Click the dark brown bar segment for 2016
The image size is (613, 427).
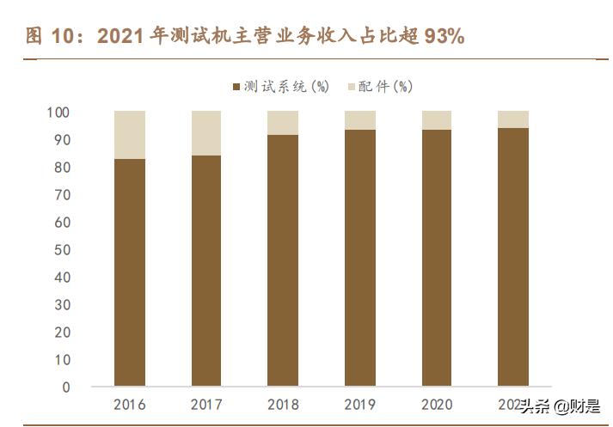coord(129,271)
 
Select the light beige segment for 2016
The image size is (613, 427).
coord(129,135)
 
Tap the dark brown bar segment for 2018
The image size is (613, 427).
coord(283,259)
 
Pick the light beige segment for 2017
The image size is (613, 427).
coord(205,133)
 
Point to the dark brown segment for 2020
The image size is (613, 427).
coord(436,257)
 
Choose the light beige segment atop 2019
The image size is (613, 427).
coord(359,120)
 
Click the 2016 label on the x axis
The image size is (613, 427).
coord(129,404)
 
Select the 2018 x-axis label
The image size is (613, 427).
coord(283,404)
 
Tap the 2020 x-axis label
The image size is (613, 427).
coord(436,404)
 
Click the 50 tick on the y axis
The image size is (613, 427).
coord(62,250)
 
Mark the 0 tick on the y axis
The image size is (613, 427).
coord(65,387)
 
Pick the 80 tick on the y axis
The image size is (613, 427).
coord(62,168)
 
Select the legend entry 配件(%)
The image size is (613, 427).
coord(383,86)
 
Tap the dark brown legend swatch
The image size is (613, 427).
coord(236,87)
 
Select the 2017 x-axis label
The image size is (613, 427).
coord(205,404)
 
